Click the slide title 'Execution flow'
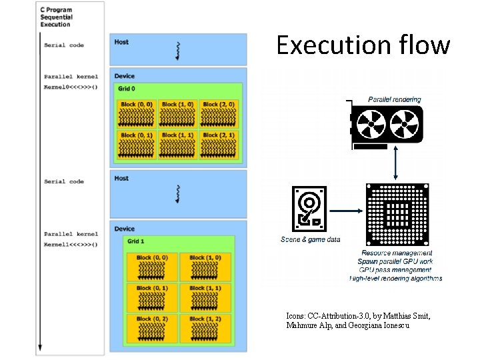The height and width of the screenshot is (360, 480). tap(363, 45)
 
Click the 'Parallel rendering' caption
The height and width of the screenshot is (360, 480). tap(395, 99)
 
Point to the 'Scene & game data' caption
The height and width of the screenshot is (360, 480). tap(310, 239)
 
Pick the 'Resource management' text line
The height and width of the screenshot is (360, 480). tap(397, 253)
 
